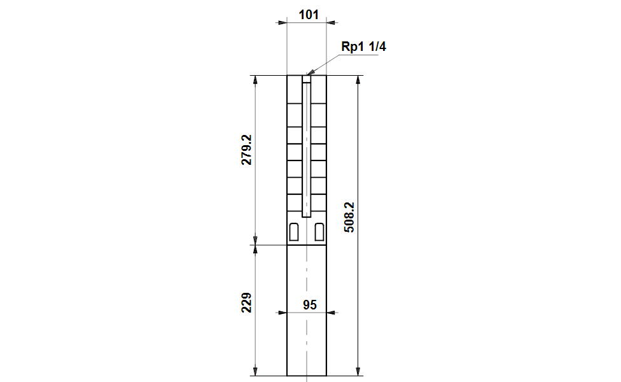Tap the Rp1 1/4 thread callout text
point(363,47)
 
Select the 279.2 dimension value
point(246,150)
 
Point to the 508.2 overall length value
point(349,217)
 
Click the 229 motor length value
point(246,302)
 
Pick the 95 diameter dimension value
point(309,304)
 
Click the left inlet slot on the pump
point(294,232)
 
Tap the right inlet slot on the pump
point(319,232)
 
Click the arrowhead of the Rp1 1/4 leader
point(310,73)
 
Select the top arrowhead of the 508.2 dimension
point(358,80)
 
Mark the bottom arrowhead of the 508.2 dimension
point(358,371)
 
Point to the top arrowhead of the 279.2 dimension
point(255,80)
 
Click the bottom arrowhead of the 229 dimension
point(255,371)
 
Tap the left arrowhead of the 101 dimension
point(282,23)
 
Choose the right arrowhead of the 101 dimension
point(331,23)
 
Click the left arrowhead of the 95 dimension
point(282,313)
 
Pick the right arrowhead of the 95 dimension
point(331,313)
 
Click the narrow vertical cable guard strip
point(306,150)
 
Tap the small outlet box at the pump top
point(307,80)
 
